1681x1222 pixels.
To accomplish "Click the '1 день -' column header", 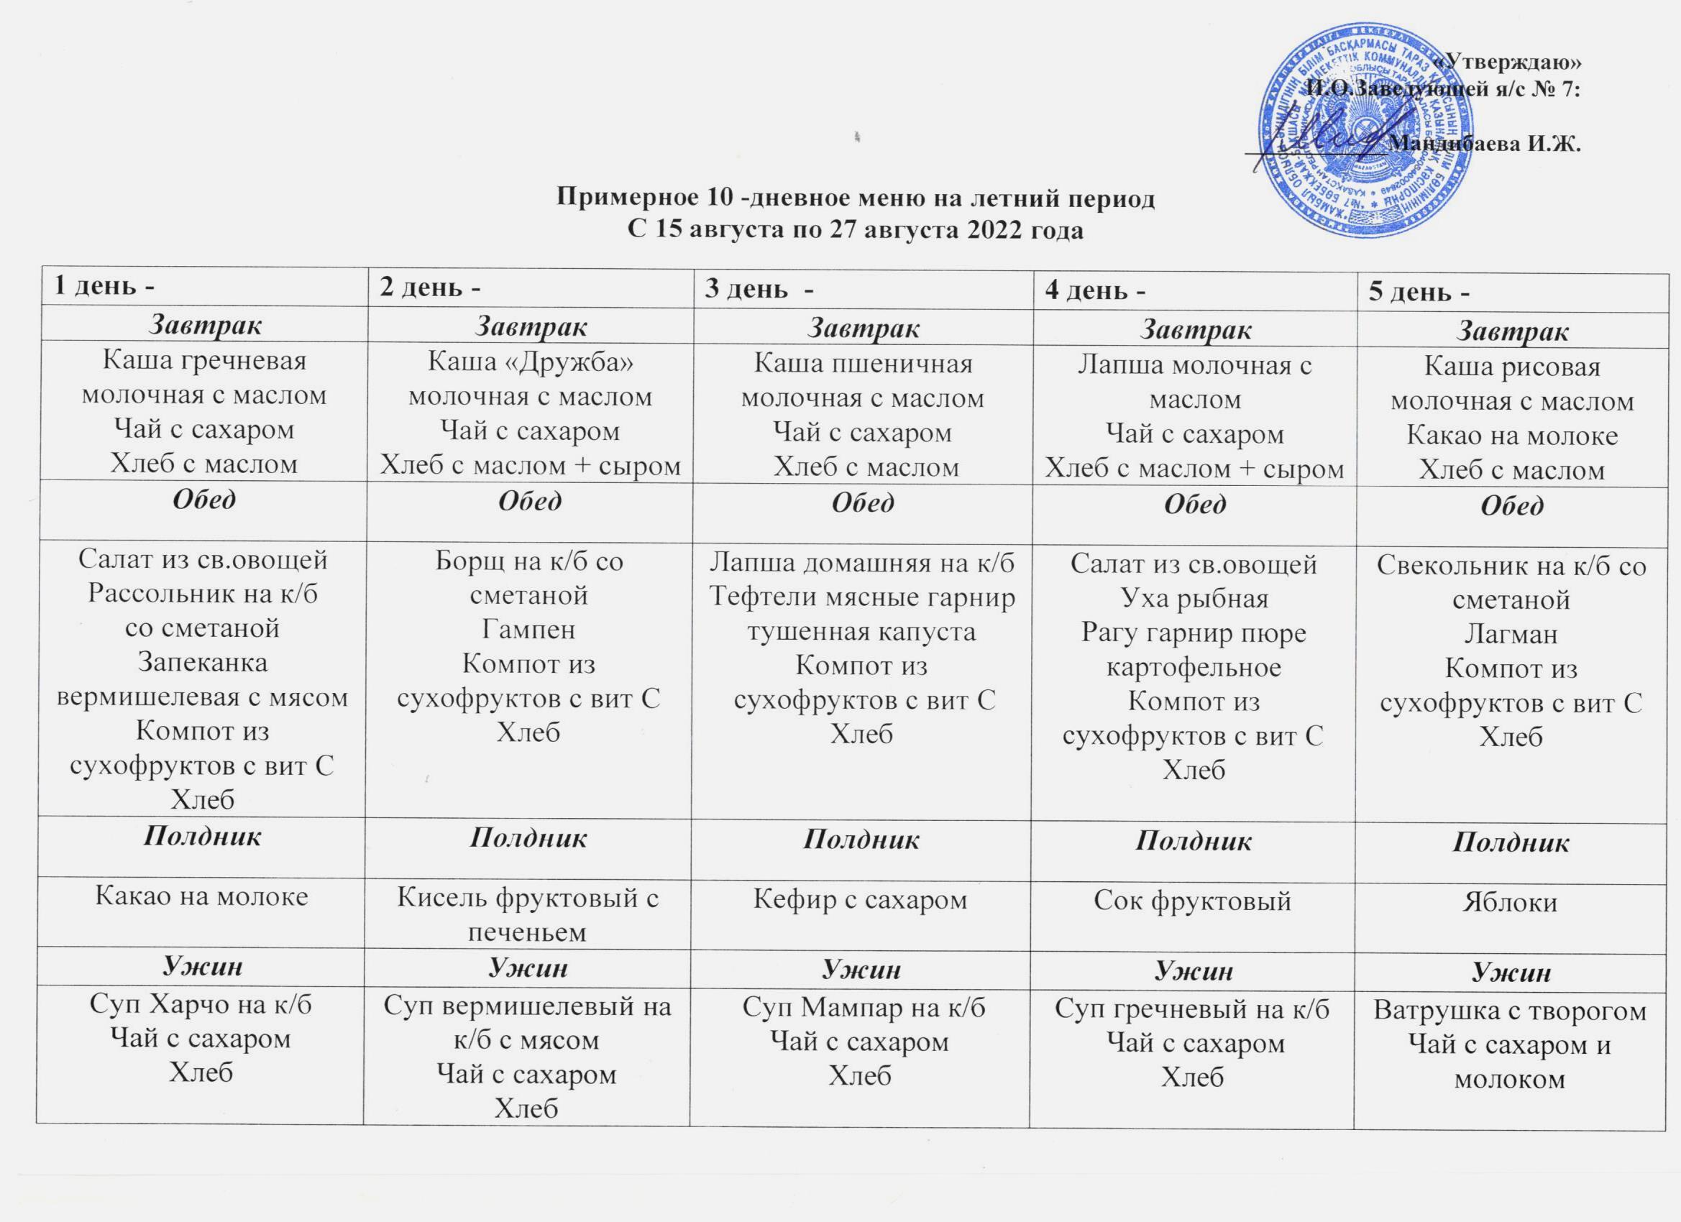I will (104, 287).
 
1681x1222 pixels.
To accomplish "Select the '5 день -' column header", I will (1419, 293).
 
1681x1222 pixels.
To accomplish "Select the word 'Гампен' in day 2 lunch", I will (528, 629).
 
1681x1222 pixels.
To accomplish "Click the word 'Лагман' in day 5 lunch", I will (1511, 633).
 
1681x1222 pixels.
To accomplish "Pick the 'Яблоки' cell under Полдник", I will (1510, 903).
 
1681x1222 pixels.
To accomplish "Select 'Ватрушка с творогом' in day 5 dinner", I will (1510, 1011).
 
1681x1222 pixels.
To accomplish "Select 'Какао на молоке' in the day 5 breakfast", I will (1512, 436).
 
